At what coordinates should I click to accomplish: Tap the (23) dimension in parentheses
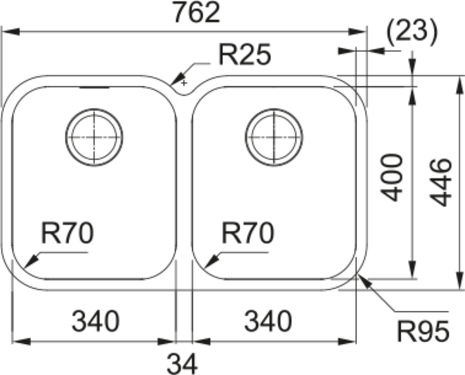point(412,32)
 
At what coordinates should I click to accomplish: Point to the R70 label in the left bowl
point(67,233)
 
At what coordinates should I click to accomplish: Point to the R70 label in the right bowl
point(247,233)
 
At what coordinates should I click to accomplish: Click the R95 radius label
point(423,331)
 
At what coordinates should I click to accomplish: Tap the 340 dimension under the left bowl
point(95,322)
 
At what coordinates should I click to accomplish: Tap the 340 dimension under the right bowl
point(268,322)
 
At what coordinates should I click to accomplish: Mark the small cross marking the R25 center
point(184,83)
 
